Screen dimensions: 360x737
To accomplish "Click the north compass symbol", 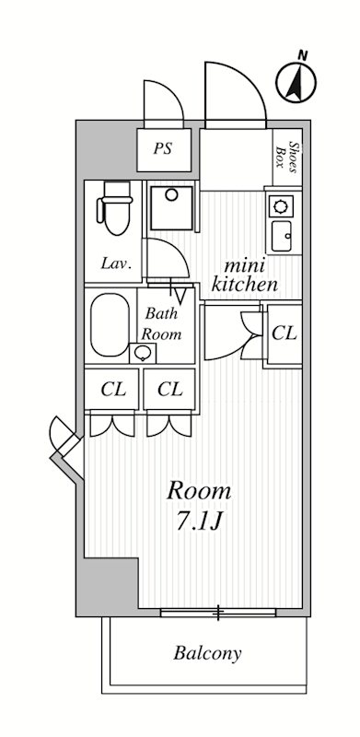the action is pos(296,82).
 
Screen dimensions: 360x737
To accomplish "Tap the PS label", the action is pos(163,149).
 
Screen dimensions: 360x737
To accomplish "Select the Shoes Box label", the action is pos(288,158).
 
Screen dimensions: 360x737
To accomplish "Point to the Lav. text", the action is pos(115,264).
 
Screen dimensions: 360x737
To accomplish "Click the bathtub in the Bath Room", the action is pos(110,325).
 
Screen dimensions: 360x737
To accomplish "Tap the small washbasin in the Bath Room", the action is pos(143,353).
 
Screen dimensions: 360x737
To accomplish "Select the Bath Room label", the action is pos(162,324).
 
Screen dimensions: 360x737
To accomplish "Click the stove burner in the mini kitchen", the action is pos(281,206).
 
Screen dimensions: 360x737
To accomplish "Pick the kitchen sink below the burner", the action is pos(282,236).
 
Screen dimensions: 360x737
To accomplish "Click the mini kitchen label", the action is pos(244,275).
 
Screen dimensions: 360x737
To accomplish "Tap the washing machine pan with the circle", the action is pos(171,208).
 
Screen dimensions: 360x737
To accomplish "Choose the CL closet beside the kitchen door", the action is pos(285,333).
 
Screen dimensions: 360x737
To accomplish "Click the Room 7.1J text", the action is pos(199,506).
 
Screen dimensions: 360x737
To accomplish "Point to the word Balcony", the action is pos(207,653).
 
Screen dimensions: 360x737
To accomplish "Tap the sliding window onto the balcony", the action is pos(218,613).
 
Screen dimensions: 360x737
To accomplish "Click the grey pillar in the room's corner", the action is pos(108,586).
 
